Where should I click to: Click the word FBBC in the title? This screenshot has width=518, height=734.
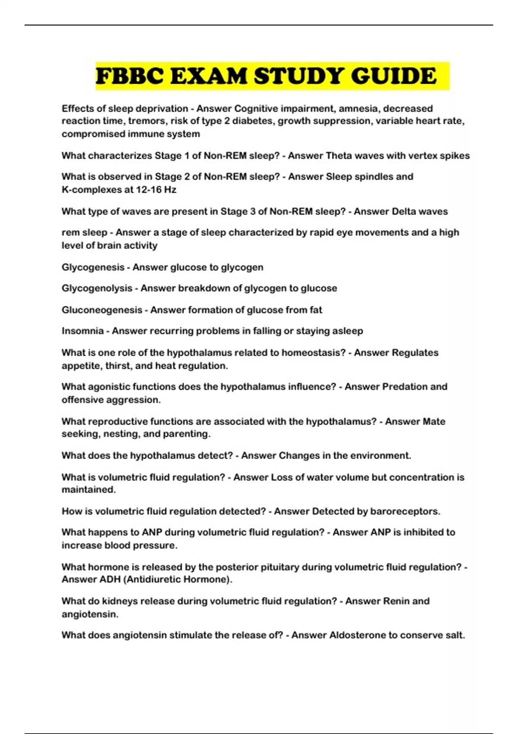tap(129, 76)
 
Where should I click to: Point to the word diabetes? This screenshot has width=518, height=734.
tap(253, 121)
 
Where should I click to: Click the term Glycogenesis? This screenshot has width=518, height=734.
tap(93, 267)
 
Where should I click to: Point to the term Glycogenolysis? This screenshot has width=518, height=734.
tap(97, 288)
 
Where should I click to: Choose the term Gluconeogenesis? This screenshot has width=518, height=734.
tap(102, 310)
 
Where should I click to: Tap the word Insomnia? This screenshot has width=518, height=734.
tap(82, 331)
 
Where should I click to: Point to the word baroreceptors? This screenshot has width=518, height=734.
tap(404, 511)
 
